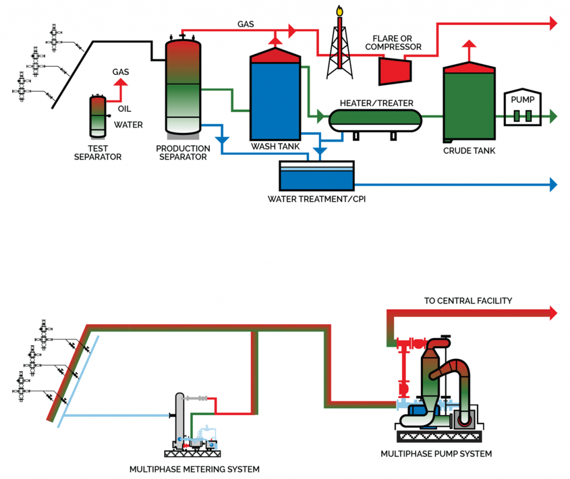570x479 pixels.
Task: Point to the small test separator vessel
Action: pos(98,116)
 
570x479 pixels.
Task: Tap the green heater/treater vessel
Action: pos(375,118)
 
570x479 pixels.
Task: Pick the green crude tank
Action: pos(469,106)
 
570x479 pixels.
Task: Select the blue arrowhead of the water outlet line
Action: pos(553,184)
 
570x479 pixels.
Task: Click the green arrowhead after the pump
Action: pos(553,116)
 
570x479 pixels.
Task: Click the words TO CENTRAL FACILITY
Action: pos(468,301)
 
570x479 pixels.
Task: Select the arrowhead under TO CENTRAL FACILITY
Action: pos(553,313)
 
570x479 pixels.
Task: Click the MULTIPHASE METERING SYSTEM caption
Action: pos(194,468)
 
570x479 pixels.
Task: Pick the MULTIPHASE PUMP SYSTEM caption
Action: pos(436,454)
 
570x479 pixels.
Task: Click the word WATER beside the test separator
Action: pos(128,125)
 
